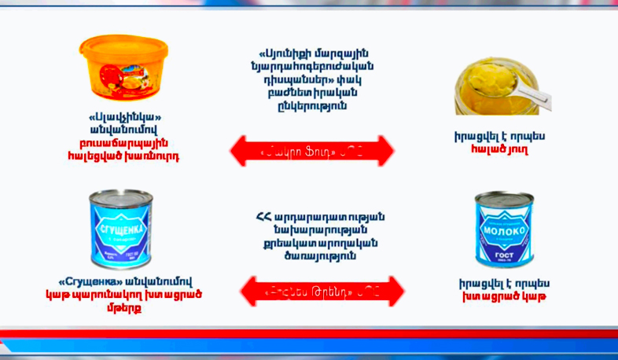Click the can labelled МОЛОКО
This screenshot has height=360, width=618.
tap(503, 228)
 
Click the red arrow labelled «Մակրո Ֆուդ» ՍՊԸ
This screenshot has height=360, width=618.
tap(311, 150)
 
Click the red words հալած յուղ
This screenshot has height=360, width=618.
tap(500, 149)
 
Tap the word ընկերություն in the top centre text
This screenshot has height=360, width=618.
tap(314, 105)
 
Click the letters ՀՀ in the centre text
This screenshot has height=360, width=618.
tap(263, 216)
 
